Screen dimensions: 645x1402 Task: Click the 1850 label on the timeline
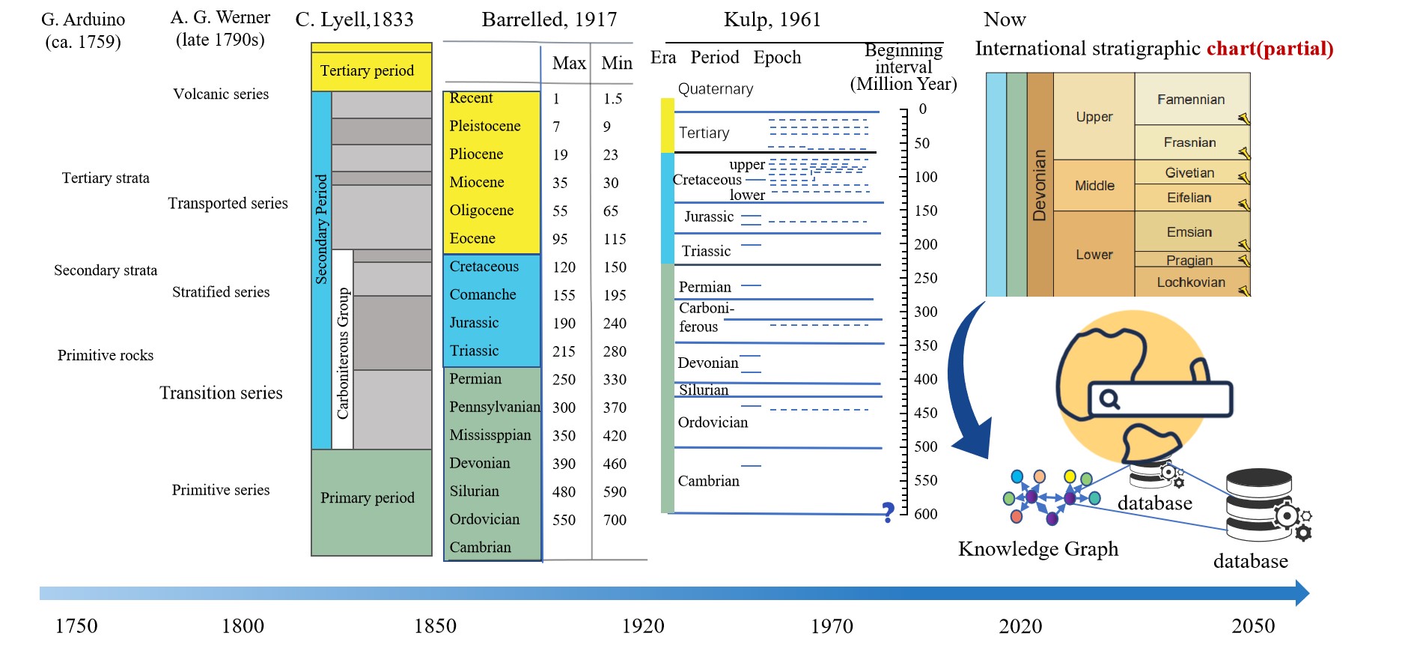[435, 626]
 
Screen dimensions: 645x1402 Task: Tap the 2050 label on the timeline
[1253, 626]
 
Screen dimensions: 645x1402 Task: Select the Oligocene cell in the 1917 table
[481, 211]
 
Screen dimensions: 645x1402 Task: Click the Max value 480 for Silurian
[564, 492]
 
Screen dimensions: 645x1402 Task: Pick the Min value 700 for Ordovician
[615, 520]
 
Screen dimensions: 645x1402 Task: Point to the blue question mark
[888, 512]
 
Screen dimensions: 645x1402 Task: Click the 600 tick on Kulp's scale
[925, 514]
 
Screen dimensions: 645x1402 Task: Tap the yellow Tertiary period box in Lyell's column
[371, 71]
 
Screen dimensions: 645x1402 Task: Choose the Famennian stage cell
[1191, 100]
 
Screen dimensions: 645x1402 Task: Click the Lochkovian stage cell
[1191, 282]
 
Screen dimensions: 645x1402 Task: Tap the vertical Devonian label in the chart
[1039, 185]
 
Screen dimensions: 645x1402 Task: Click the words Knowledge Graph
[1038, 549]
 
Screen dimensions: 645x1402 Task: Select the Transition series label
[221, 393]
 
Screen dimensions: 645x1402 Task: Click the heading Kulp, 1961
[772, 19]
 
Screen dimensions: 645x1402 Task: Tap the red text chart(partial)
[1270, 49]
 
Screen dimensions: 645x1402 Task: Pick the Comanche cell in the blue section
[483, 295]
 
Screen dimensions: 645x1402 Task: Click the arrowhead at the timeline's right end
[1302, 593]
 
